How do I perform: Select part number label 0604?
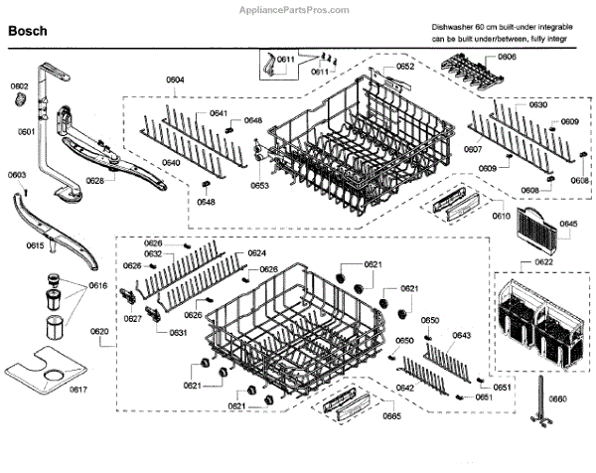[176, 79]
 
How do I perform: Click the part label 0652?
[404, 67]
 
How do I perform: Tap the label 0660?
[557, 398]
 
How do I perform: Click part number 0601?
[26, 131]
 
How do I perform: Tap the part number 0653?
[259, 185]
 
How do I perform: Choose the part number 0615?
[34, 245]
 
